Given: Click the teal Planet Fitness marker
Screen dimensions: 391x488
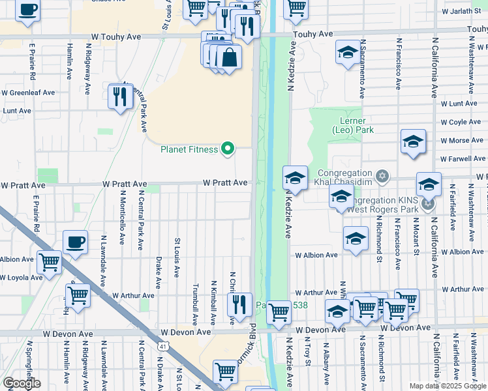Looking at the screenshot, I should [228, 150].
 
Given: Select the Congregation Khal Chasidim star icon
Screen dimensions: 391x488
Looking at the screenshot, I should [382, 176].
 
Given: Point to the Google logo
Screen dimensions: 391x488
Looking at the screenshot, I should [22, 383].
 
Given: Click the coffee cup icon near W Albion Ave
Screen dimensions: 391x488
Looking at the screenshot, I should [75, 243].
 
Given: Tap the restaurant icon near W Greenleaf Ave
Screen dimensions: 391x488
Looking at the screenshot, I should [120, 97].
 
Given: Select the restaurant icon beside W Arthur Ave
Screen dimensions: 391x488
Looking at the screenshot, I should [239, 304].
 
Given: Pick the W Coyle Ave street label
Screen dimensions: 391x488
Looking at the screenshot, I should [463, 122].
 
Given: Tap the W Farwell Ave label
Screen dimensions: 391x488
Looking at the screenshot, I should [463, 158].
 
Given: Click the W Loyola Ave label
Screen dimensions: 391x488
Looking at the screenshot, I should [22, 278].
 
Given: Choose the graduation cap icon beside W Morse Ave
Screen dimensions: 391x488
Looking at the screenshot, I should [413, 141].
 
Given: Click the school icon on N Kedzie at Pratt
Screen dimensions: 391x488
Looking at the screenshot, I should [295, 178].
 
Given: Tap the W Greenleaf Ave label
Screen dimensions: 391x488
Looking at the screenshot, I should [28, 93].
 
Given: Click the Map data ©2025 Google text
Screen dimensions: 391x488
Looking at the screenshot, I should [448, 386].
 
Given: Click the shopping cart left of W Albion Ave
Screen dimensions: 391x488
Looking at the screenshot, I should [49, 263].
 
